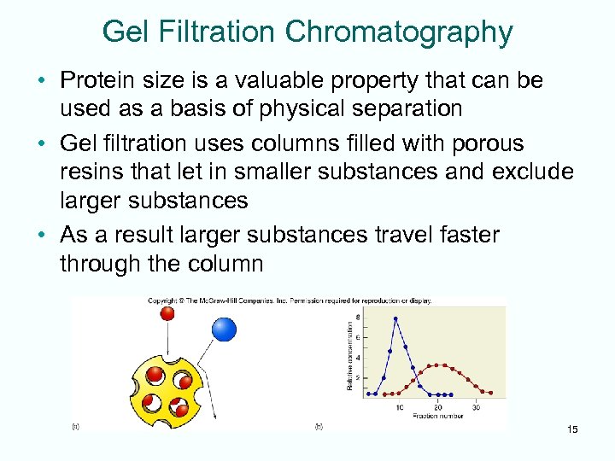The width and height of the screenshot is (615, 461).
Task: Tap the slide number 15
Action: coord(571,429)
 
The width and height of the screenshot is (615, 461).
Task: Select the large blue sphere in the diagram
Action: coord(224,329)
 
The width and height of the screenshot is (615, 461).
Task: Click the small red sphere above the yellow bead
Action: coord(167,313)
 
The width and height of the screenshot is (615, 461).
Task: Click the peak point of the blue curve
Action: coord(395,318)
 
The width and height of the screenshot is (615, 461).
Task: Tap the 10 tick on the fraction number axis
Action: coord(400,407)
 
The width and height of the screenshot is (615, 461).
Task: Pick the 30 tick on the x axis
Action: coord(476,407)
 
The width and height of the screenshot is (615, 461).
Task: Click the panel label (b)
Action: coord(319,424)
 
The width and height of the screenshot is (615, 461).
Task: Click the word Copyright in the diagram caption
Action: coord(162,301)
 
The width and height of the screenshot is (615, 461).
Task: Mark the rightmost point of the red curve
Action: coord(489,392)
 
